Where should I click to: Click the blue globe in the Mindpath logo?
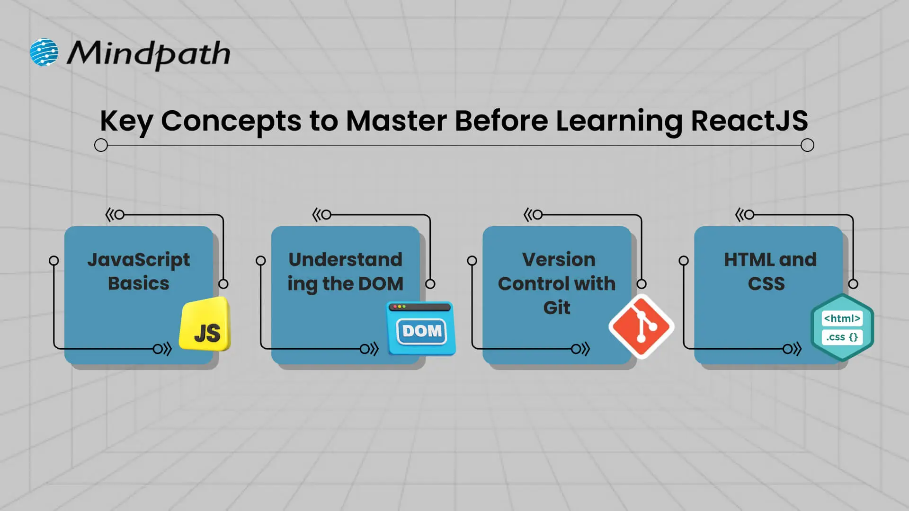(x=44, y=52)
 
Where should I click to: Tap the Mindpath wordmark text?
(x=148, y=53)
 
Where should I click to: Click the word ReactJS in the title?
(x=749, y=121)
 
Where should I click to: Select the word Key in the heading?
(x=126, y=122)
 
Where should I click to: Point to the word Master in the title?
(x=396, y=121)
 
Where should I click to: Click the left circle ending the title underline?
(x=101, y=145)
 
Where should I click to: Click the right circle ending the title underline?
(x=807, y=145)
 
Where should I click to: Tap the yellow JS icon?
(x=205, y=326)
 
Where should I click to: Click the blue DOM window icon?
(x=421, y=328)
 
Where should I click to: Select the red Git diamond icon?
(x=642, y=326)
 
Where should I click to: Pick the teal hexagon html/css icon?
(x=842, y=327)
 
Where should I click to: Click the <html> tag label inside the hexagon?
(x=842, y=318)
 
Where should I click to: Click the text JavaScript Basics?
(x=138, y=271)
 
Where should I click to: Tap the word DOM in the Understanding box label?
(x=381, y=284)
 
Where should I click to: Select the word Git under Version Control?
(x=557, y=308)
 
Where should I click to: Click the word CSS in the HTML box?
(x=766, y=284)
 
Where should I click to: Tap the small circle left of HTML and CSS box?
(x=684, y=261)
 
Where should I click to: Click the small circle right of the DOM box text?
(x=430, y=284)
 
